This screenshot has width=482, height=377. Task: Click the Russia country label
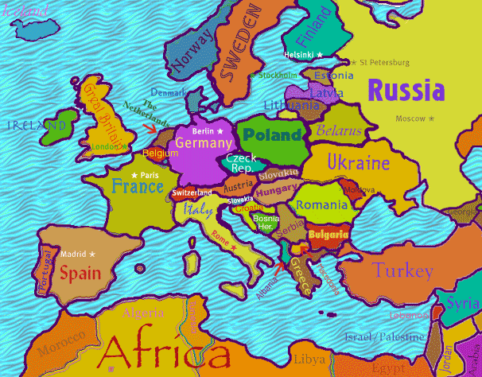pos(406,90)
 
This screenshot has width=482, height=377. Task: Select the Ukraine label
pos(359,164)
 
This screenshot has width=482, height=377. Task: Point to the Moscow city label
pos(411,119)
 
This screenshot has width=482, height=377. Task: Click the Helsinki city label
pos(299,55)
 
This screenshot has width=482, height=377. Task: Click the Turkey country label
pos(402,270)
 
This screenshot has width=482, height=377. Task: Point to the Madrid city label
pos(72,254)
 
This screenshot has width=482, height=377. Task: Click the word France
pos(138,187)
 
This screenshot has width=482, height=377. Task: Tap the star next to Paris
pos(134,175)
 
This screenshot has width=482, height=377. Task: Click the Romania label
pos(321,205)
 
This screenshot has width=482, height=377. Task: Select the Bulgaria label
pos(328,235)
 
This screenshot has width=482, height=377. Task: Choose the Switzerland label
pos(192,193)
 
